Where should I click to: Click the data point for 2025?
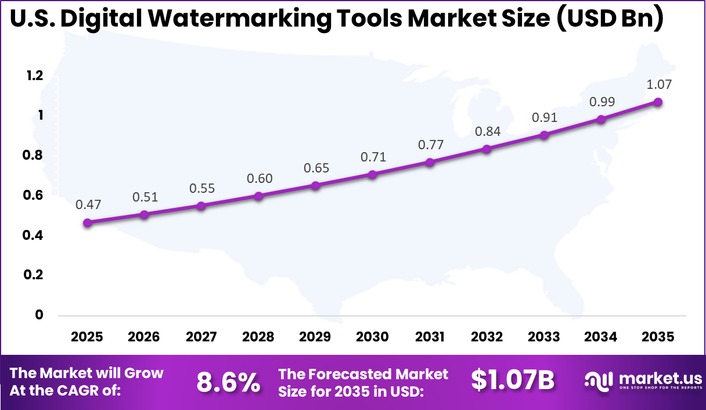point(87,223)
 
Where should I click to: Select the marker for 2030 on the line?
point(373,174)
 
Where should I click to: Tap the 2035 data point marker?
point(658,102)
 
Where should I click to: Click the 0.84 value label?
point(487,132)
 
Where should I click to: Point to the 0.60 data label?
point(259,179)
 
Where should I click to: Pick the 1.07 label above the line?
point(659,85)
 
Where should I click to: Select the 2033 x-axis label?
point(545,337)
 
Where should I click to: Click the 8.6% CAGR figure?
point(228,382)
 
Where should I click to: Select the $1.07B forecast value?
point(513,380)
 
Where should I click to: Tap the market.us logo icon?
point(598,381)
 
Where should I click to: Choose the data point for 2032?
point(487,149)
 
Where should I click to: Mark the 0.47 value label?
point(88,204)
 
